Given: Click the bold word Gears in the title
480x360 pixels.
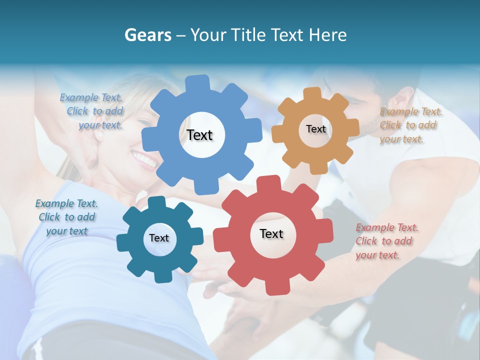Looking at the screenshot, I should click(147, 35).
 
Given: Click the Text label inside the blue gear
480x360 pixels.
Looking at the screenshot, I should click(199, 135).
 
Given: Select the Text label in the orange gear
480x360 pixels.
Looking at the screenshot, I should click(315, 129).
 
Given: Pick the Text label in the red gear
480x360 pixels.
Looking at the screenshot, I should click(271, 233).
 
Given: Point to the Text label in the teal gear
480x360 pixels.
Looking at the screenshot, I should click(159, 238).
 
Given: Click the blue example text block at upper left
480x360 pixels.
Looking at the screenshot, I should click(91, 111).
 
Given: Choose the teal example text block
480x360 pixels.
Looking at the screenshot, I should click(66, 217).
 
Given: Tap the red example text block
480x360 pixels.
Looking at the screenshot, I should click(387, 241).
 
